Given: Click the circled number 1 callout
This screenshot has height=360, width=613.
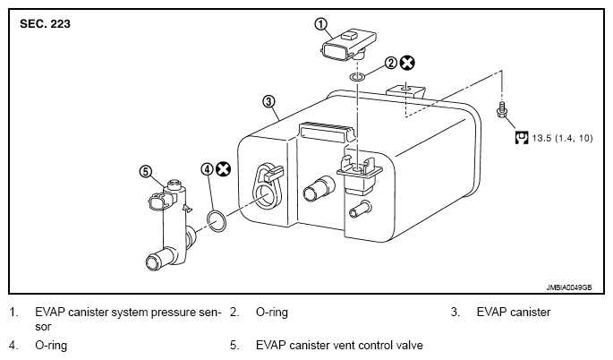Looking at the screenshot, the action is (x=320, y=24).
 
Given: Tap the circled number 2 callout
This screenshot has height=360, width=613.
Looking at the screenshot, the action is (x=390, y=63).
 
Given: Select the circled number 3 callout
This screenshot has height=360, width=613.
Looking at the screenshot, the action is (x=268, y=102).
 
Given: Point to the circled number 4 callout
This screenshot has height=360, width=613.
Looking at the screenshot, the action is (x=207, y=169).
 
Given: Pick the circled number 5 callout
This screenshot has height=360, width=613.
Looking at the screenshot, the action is (x=146, y=171).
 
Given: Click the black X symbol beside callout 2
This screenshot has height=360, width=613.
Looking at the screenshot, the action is (x=407, y=63).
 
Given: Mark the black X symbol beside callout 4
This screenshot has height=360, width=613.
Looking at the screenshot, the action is (x=223, y=169).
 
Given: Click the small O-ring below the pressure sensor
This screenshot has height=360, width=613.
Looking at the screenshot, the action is (x=358, y=77).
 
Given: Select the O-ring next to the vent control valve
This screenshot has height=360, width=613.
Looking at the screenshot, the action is (x=217, y=220).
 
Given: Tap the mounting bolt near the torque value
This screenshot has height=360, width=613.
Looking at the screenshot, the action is (x=501, y=110).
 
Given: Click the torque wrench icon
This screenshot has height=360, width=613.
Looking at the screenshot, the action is (x=522, y=138).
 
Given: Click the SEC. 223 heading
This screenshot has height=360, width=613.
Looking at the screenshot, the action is (x=45, y=24).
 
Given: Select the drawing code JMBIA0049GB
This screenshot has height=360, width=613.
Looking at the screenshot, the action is (x=569, y=287).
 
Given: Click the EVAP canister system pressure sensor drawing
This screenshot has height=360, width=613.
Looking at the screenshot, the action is (x=348, y=46).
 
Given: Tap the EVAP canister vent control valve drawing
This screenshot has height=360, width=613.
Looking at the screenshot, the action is (x=168, y=224).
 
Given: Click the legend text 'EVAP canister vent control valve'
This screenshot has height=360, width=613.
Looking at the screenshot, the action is (x=339, y=345).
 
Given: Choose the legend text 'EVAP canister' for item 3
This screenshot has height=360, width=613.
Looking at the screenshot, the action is (x=514, y=313).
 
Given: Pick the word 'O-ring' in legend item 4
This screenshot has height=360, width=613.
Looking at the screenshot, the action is (x=51, y=346).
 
